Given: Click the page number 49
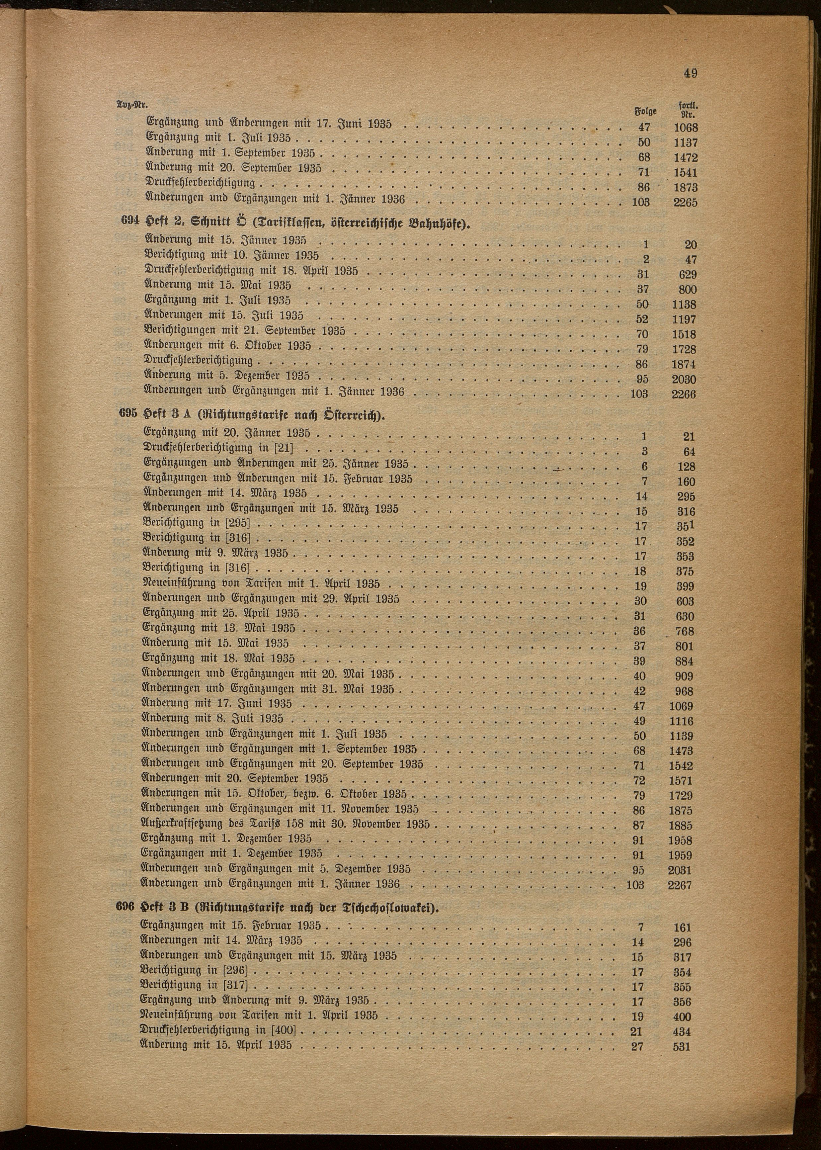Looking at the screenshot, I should pos(691,73).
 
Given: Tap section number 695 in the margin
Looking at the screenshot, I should pos(127,413).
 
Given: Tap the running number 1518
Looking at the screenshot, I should pos(684,334).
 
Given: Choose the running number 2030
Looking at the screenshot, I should pos(684,379).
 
